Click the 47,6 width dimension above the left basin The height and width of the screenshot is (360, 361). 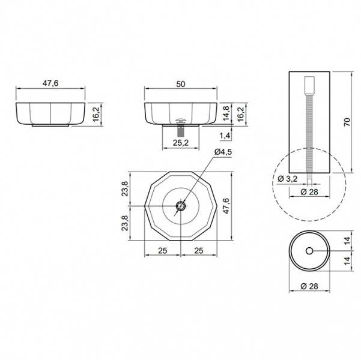(x=50, y=83)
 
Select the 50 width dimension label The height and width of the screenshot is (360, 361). (x=181, y=84)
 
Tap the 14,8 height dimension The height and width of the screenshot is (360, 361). (x=226, y=113)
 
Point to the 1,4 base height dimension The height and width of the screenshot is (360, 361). (x=225, y=136)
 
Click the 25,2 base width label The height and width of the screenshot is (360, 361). (x=181, y=143)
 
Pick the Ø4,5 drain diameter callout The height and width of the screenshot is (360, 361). (x=223, y=152)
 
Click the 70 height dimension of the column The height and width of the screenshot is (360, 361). (x=347, y=122)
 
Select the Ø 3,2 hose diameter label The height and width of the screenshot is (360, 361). (x=288, y=179)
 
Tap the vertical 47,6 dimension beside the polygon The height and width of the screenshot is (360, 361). (x=226, y=206)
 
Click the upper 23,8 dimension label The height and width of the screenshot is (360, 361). (x=125, y=188)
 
